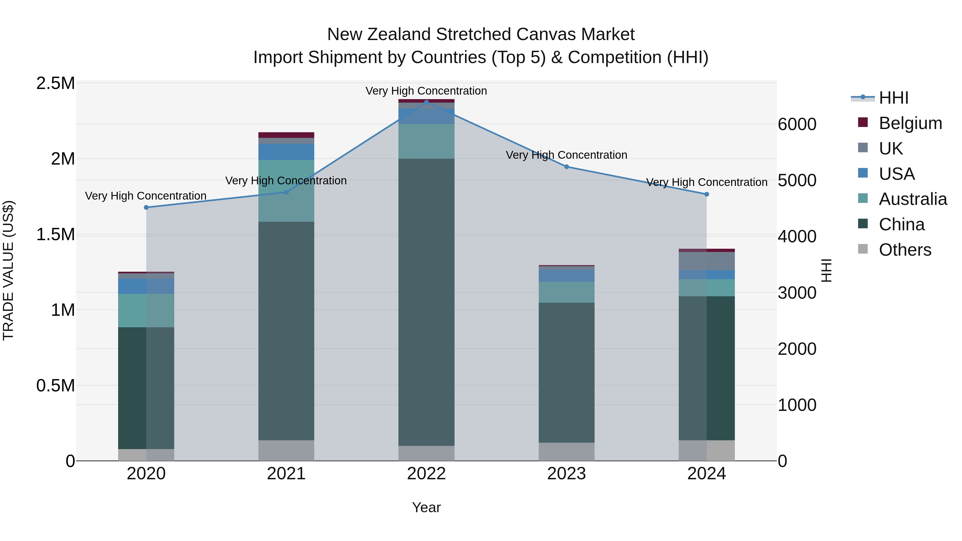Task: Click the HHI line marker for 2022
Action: coord(426,102)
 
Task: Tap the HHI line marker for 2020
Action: coord(146,208)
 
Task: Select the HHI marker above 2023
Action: coord(567,167)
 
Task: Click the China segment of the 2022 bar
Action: coord(426,302)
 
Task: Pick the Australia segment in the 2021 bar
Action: coord(286,191)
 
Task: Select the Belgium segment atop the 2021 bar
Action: coord(286,135)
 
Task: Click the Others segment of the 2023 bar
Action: coord(567,452)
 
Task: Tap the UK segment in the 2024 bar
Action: coord(707,261)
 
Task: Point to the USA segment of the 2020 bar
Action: coord(146,286)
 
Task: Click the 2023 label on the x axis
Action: coord(567,474)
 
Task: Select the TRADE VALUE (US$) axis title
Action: coord(9,270)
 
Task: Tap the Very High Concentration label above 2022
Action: coord(426,91)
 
